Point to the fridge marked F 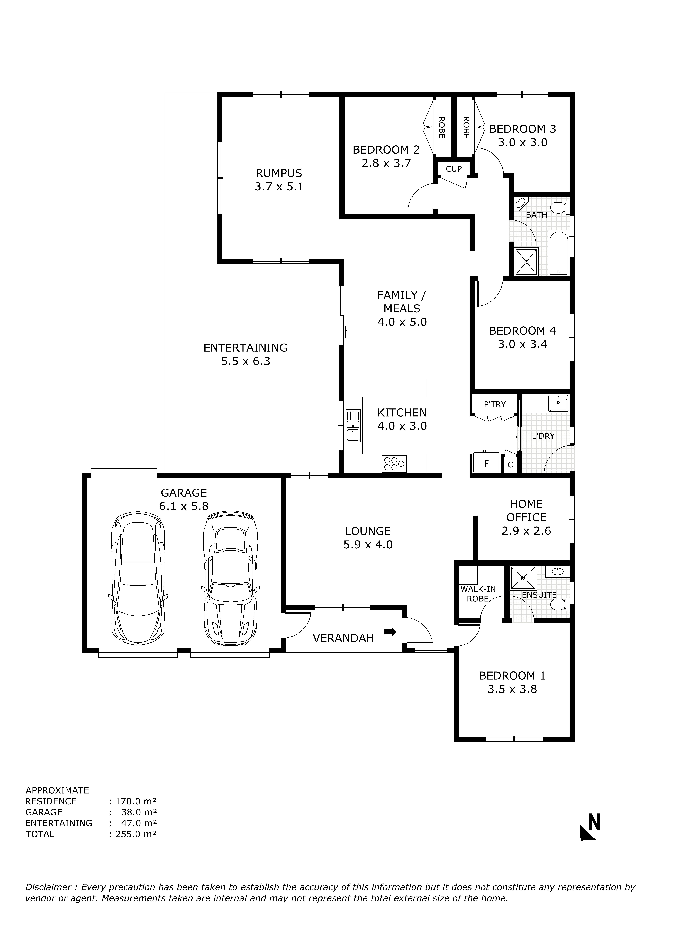point(487,463)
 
